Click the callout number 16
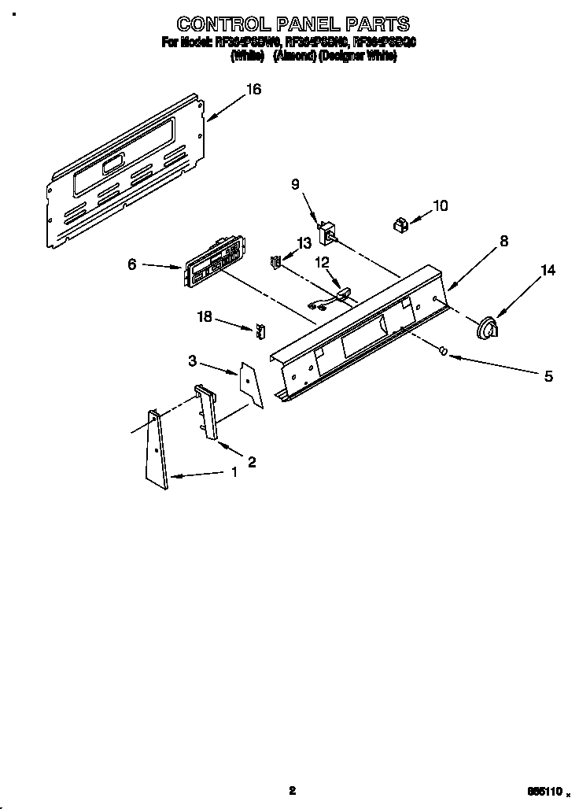[253, 90]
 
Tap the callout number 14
[548, 271]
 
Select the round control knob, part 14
[489, 328]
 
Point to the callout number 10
[441, 206]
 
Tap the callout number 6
[132, 265]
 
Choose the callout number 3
[192, 360]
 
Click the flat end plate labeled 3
[251, 384]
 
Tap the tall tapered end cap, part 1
[156, 450]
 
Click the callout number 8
[503, 242]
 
